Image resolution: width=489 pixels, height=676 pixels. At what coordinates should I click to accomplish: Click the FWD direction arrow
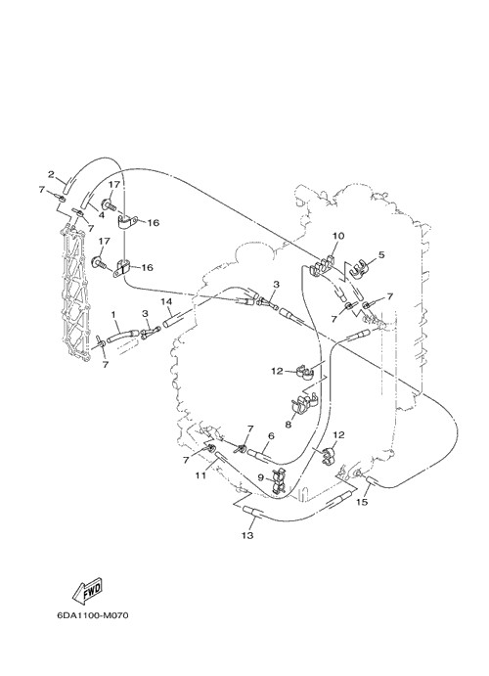point(87,589)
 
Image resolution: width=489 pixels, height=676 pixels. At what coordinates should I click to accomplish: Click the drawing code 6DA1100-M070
point(93,615)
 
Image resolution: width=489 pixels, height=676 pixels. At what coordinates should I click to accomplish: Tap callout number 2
point(51,174)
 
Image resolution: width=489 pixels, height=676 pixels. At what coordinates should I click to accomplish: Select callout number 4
point(102,214)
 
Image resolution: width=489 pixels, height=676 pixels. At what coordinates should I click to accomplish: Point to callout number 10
point(338,236)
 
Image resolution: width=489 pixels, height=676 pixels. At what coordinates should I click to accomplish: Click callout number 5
point(380,254)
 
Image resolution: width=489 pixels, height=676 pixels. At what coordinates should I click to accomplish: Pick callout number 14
point(166,302)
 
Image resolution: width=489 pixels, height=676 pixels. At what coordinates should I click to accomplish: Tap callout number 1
point(113,315)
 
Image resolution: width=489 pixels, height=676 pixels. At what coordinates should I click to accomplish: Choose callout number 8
point(289,425)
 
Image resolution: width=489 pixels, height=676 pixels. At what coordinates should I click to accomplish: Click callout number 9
point(260,477)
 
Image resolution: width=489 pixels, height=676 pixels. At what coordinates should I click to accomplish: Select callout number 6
point(271,436)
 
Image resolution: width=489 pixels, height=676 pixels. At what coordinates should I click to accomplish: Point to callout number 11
point(200,475)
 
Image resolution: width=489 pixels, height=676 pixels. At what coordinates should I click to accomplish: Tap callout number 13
point(247,535)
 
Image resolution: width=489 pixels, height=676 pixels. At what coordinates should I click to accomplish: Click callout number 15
point(362,502)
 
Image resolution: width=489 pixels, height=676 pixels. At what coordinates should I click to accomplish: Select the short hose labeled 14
point(176,320)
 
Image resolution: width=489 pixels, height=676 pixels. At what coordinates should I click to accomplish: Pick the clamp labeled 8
point(303,403)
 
